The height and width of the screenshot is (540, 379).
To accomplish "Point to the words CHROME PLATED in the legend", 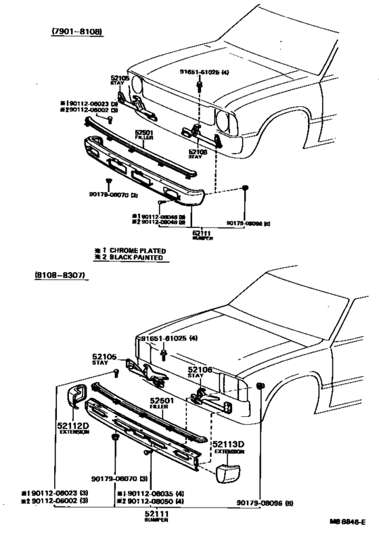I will (x=133, y=250).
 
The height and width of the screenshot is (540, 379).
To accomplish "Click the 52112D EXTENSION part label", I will (x=72, y=428).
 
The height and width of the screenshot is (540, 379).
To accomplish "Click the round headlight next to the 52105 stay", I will (x=139, y=87).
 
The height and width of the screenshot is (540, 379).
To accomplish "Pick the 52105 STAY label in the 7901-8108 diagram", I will (x=119, y=81).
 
